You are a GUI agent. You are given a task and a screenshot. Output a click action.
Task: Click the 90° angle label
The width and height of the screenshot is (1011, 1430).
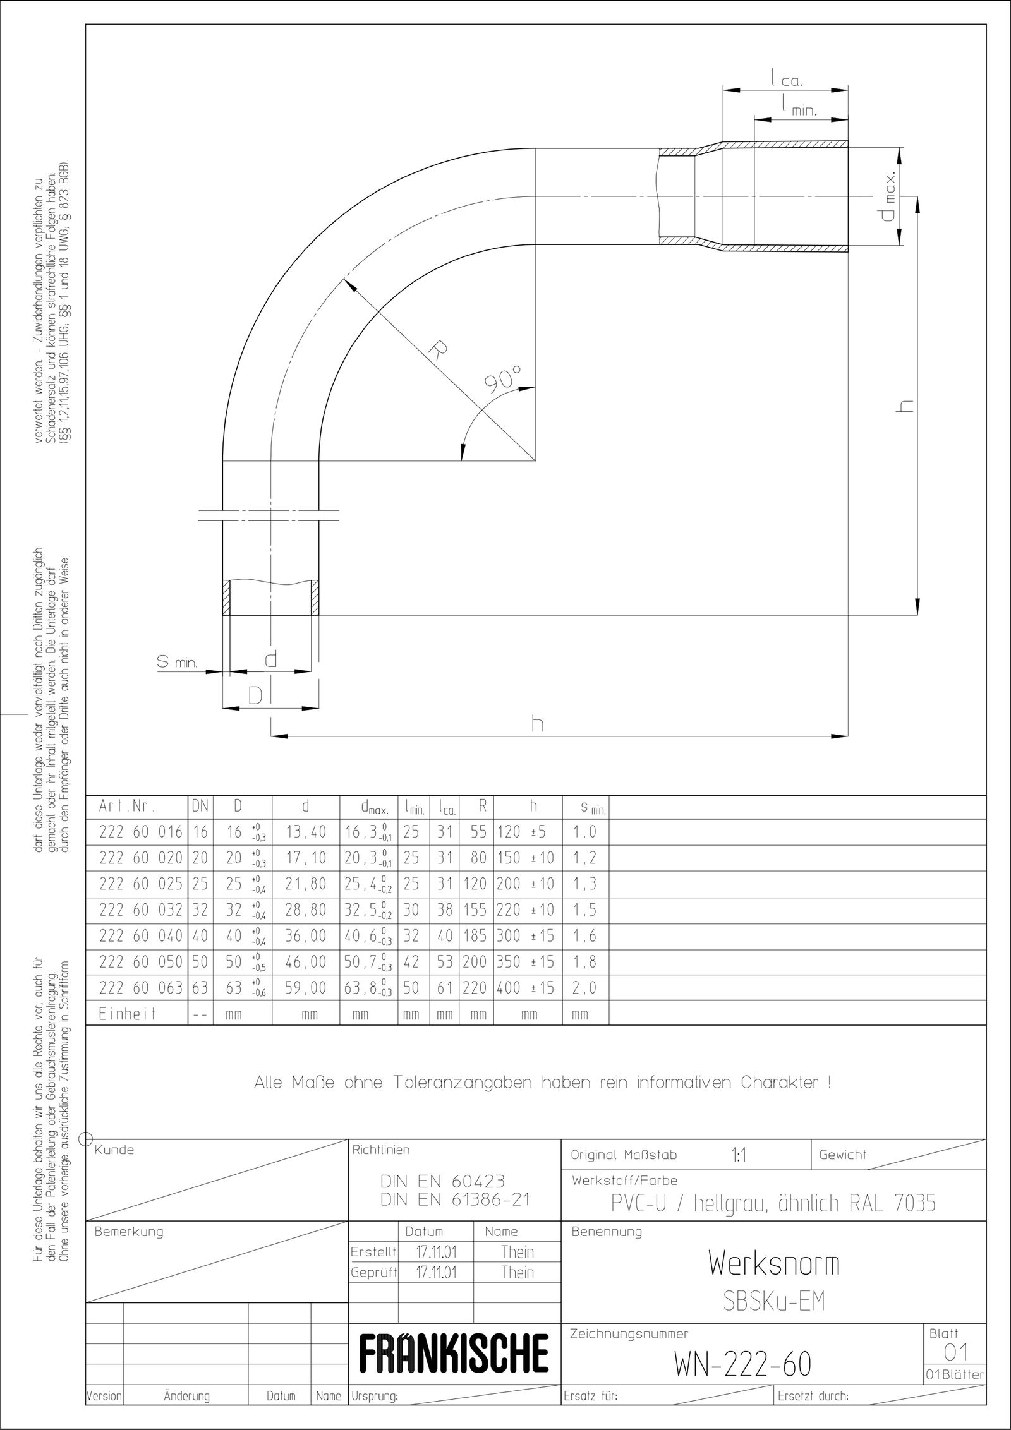click(502, 380)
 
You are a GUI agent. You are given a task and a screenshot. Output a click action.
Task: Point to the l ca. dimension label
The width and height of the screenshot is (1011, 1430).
click(786, 79)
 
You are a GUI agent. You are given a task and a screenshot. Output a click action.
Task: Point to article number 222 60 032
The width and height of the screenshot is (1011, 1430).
click(140, 910)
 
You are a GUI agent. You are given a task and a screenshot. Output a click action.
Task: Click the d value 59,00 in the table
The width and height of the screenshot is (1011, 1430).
click(306, 987)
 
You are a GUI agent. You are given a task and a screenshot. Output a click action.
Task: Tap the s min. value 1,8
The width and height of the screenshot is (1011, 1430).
click(584, 961)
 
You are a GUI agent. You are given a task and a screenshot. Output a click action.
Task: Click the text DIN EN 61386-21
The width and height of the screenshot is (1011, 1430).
click(455, 1200)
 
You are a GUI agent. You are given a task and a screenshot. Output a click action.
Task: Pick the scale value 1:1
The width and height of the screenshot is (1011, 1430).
click(739, 1155)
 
